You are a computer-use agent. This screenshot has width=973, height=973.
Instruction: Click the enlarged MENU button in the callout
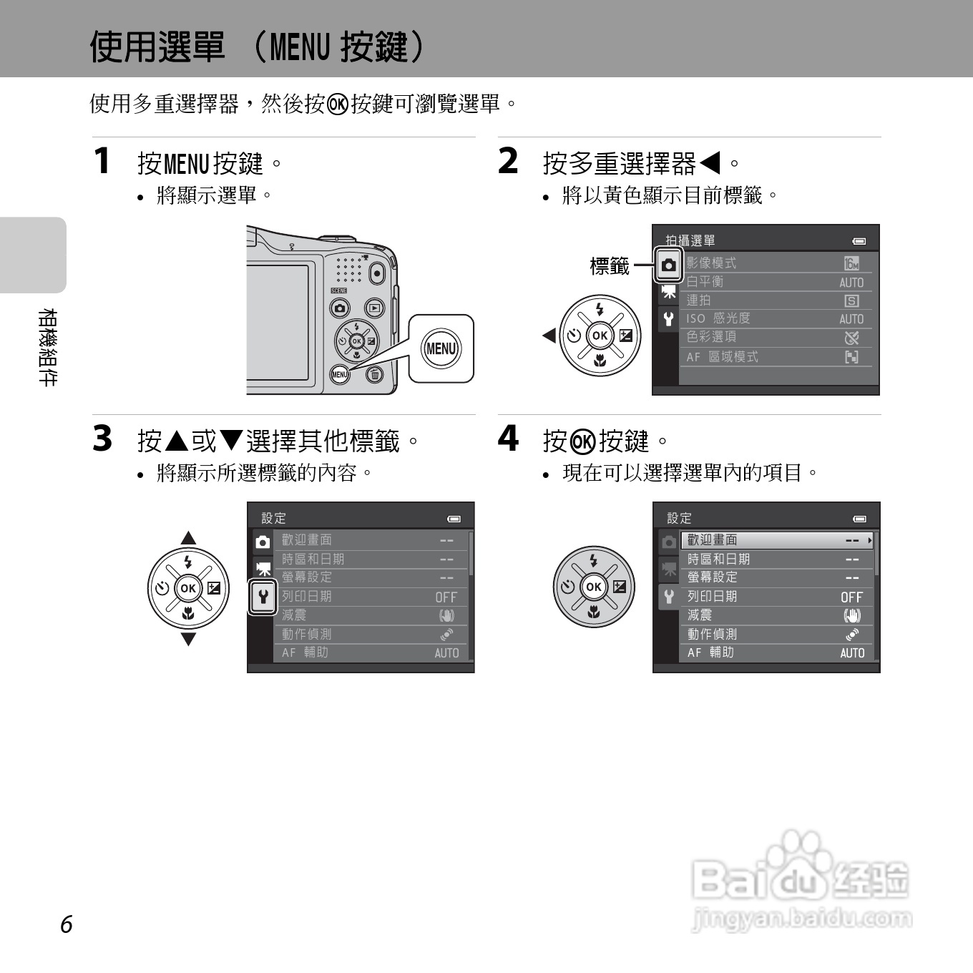[441, 348]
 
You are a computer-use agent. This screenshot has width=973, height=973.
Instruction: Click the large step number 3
[102, 439]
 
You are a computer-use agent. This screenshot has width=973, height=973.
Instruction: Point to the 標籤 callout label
[609, 266]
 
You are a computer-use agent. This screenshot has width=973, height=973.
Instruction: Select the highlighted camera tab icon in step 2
[668, 265]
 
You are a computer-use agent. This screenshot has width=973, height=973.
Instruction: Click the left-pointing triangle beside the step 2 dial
[549, 335]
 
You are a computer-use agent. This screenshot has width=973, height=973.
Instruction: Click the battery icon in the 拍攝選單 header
[859, 241]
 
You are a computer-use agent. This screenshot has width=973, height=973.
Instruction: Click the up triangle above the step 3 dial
[188, 538]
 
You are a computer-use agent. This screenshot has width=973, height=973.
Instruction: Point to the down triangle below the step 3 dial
[188, 639]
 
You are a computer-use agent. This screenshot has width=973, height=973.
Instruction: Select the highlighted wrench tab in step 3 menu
[263, 596]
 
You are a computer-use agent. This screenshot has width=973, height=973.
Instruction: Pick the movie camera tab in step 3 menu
[263, 569]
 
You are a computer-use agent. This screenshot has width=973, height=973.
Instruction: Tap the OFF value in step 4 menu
[851, 597]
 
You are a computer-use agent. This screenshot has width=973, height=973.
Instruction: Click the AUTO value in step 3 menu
[446, 652]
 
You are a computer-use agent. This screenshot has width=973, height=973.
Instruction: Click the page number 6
[66, 924]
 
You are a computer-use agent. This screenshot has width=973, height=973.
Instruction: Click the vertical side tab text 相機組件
[47, 347]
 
